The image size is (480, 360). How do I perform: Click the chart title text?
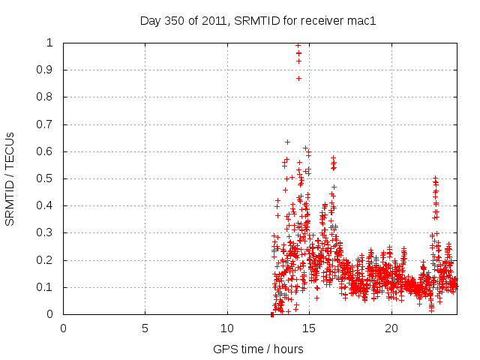(x=258, y=20)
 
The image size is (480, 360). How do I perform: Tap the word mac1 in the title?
(x=361, y=20)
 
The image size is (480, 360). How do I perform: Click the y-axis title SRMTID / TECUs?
(x=10, y=178)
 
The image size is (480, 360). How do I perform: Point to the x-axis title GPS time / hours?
(x=258, y=349)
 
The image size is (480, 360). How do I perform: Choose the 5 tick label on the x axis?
(x=145, y=328)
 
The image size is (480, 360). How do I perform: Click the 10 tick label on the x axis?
(x=227, y=328)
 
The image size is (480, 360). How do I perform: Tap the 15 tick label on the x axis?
(x=309, y=328)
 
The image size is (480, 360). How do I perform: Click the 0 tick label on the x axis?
(x=63, y=328)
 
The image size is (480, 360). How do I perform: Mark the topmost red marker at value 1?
(x=298, y=45)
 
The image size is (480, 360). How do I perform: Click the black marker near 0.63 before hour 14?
(x=287, y=142)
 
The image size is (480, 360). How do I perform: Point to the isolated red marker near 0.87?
(x=298, y=78)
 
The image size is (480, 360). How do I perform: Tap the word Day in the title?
(x=150, y=20)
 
